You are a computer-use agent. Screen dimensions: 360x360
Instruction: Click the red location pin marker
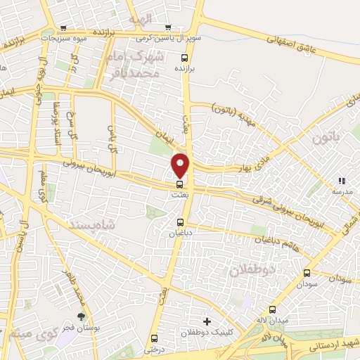coord(181,165)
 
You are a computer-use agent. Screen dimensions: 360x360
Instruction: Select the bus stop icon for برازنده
coord(184,58)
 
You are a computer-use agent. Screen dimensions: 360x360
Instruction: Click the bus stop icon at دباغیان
coord(181,223)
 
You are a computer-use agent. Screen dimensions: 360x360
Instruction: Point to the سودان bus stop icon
coord(307,273)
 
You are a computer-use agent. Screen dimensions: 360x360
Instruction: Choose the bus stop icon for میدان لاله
coord(273,309)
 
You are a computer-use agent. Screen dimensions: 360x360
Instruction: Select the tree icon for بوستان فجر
coord(81,316)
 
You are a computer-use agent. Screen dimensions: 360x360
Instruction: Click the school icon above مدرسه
coord(342,181)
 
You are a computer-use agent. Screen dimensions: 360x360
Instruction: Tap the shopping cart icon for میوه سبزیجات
coord(65,29)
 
